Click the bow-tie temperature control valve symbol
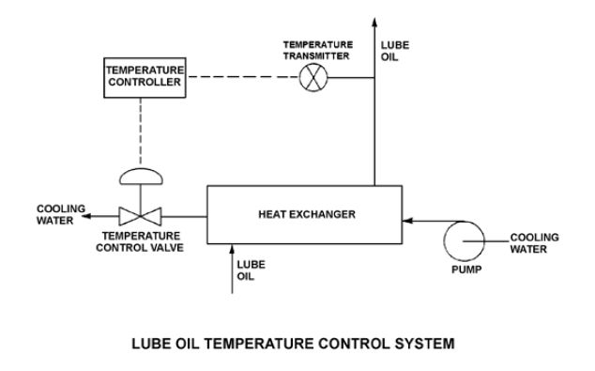click(140, 216)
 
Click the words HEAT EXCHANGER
click(307, 214)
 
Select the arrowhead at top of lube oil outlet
click(374, 23)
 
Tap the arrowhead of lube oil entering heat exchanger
click(232, 249)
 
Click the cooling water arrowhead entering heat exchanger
click(407, 220)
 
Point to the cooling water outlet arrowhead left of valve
click(86, 216)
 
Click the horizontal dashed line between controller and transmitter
click(244, 77)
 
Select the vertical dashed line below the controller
click(141, 131)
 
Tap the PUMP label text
click(466, 270)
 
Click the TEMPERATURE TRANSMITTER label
click(317, 51)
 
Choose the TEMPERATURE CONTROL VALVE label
click(140, 242)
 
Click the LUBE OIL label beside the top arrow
click(395, 51)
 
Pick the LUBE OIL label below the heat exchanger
click(251, 271)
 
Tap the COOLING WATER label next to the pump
click(534, 243)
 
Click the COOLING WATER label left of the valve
click(61, 214)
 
